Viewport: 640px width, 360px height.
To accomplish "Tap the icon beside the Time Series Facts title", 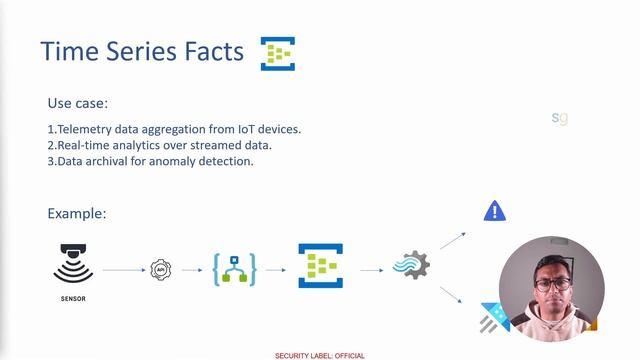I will click(278, 53).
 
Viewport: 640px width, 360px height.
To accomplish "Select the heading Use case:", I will click(78, 103).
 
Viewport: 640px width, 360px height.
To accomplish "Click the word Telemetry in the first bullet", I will click(89, 129).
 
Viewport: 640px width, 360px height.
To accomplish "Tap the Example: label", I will click(77, 214).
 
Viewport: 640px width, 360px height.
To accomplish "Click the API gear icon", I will click(161, 269).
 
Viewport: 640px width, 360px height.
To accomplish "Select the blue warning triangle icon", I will click(494, 211).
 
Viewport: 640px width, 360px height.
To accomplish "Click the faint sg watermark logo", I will click(560, 118).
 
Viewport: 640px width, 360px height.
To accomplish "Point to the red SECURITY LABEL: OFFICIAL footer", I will click(320, 355).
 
